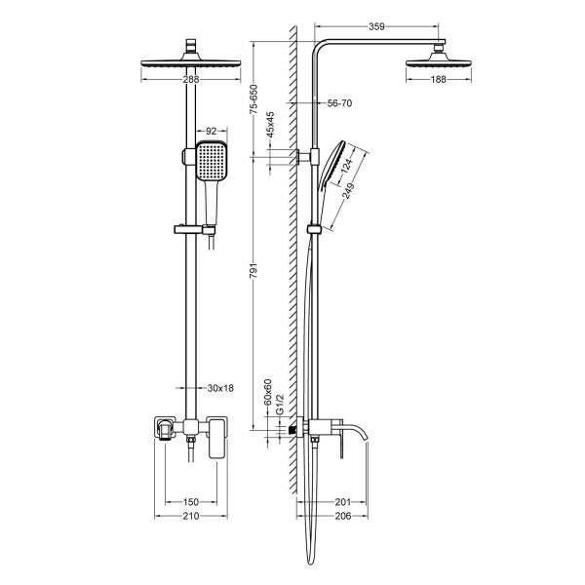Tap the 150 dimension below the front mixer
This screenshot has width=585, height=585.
pyautogui.click(x=192, y=502)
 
